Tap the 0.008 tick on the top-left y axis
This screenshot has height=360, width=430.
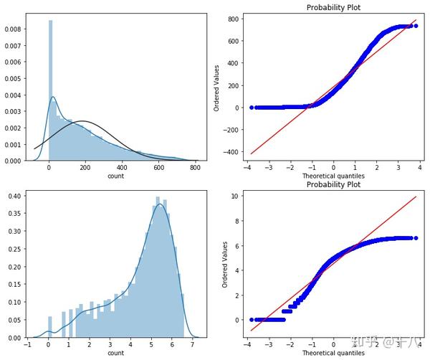[x=14, y=30]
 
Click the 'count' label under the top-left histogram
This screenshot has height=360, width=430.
[x=115, y=176]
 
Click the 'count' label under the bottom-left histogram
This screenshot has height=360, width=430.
[x=115, y=354]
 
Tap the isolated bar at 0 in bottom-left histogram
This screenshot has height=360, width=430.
[x=49, y=327]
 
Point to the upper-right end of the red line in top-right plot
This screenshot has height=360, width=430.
[x=415, y=20]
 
